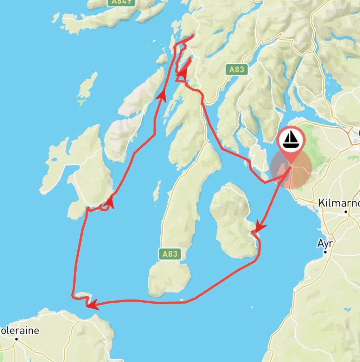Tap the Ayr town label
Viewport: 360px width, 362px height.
coord(325,243)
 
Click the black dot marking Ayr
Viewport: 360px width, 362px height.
coord(326,252)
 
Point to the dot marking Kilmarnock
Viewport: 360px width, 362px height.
coord(346,212)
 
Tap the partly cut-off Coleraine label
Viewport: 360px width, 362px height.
coord(19,331)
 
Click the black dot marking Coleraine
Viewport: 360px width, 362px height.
coord(16,339)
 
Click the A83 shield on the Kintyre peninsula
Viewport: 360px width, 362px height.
coord(170,254)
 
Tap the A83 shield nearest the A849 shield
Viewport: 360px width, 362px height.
coord(237,70)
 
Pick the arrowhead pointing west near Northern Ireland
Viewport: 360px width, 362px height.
coord(92,305)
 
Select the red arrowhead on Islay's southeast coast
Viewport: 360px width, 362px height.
coord(109,203)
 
